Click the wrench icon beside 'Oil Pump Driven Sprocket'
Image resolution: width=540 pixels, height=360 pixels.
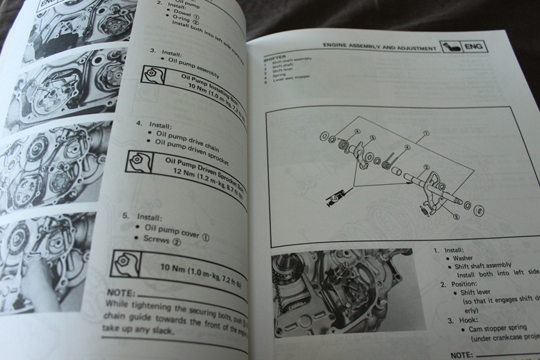click(x=142, y=161)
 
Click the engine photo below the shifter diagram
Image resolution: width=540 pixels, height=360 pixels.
click(x=341, y=295)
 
